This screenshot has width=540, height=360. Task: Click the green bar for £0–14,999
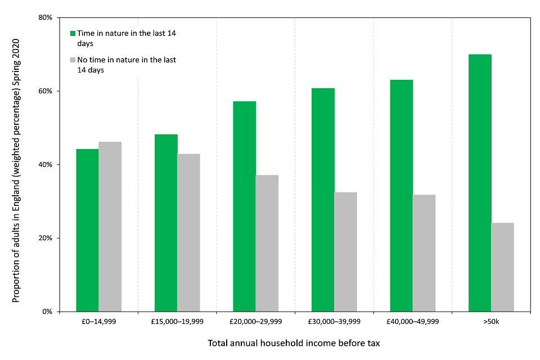[x=87, y=230]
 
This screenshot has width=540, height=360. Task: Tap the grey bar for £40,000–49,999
[x=424, y=253]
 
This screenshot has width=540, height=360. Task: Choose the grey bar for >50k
[x=502, y=267]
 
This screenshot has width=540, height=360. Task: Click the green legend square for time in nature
[x=72, y=34]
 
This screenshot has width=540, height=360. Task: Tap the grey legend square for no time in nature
[x=72, y=60]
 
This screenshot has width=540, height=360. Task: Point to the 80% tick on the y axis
[x=45, y=18]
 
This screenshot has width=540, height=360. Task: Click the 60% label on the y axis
[x=45, y=91]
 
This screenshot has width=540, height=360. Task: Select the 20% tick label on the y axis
[x=45, y=238]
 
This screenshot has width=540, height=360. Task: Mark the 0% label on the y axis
[x=47, y=312]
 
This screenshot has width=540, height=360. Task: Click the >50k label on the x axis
[x=491, y=322]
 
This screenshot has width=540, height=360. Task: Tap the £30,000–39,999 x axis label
[x=334, y=322]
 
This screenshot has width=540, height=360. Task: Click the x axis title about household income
[x=294, y=343]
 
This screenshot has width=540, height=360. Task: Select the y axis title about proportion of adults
[x=16, y=170]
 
